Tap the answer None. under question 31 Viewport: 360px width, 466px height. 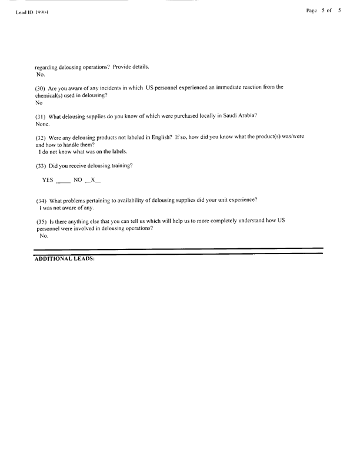[x=42, y=124]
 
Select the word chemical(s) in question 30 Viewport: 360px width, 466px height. [x=52, y=95]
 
